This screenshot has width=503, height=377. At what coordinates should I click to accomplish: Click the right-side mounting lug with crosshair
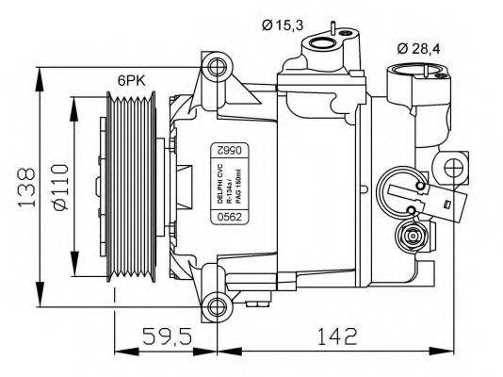point(454,171)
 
